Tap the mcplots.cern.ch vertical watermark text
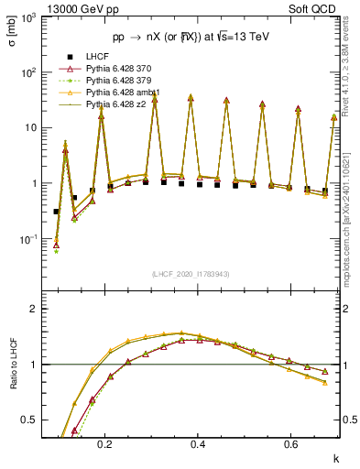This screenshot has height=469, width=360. click(352, 229)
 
